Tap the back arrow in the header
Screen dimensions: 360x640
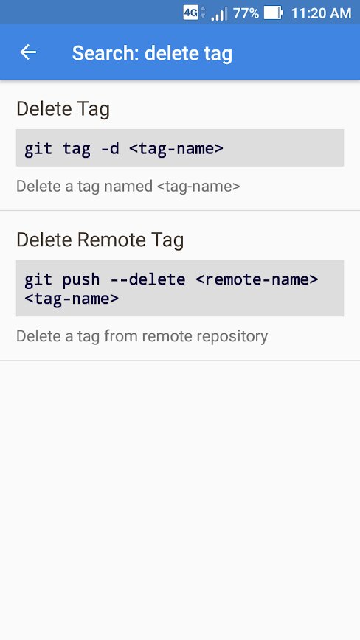tap(28, 52)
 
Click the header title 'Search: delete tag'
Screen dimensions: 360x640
tap(152, 54)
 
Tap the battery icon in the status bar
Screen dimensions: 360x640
tap(273, 13)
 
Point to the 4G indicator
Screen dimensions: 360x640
tap(190, 13)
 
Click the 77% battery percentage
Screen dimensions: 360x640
tap(246, 13)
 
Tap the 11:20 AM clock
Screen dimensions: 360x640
tap(321, 13)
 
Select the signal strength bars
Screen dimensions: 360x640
tap(219, 13)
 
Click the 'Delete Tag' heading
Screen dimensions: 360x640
tap(63, 109)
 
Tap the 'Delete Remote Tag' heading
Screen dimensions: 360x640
tap(100, 240)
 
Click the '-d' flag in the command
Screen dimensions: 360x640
tap(110, 148)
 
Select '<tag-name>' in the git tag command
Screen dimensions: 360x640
tap(176, 149)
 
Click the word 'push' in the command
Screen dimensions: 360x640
tap(81, 280)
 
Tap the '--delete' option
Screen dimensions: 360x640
tap(148, 279)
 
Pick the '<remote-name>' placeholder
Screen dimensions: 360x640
tap(257, 279)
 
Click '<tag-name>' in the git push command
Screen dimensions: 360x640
tap(72, 299)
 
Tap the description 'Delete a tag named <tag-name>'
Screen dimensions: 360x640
tap(128, 187)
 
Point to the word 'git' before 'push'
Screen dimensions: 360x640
tap(38, 280)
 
